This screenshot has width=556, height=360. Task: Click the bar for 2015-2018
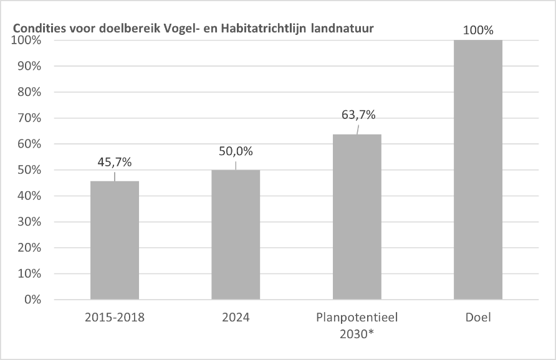coord(115,240)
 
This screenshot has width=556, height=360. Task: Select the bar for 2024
coord(236,235)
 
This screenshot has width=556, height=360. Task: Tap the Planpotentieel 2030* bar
coord(357,217)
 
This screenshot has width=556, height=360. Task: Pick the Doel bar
coord(478,169)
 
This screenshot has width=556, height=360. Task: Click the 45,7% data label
coord(115,162)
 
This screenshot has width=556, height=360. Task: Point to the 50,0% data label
coord(236,151)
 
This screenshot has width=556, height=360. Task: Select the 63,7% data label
coord(358,115)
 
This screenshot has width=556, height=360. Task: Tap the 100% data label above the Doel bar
coord(478,30)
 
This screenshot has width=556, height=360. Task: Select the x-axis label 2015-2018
coord(115,318)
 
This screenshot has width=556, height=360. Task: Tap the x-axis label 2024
coord(236,318)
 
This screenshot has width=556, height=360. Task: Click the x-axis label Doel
coord(478,318)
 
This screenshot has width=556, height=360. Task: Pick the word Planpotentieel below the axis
coord(357,318)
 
